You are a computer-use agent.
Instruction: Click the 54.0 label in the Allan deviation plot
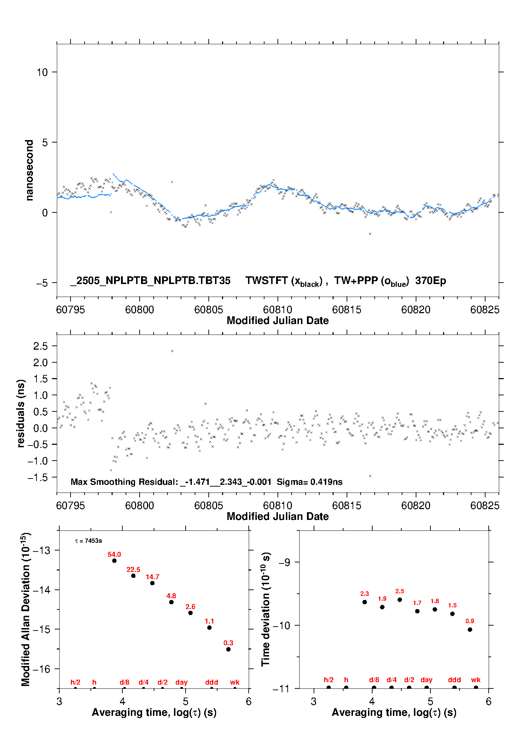[114, 554]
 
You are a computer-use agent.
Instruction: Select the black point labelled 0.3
[228, 649]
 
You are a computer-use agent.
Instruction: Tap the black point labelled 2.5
[400, 600]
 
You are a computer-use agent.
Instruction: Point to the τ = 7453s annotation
[88, 541]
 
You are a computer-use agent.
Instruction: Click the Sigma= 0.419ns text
[309, 482]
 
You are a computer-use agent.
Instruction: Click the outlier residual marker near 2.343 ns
[172, 351]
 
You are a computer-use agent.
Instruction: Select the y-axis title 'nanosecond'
[29, 170]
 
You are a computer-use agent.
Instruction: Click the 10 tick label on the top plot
[42, 72]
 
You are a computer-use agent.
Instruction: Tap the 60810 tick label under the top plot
[277, 310]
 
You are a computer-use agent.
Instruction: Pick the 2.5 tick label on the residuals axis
[40, 346]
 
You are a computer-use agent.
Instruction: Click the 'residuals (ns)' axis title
[21, 414]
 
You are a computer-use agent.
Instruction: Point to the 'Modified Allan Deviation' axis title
[26, 609]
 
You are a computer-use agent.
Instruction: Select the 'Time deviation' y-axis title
[266, 609]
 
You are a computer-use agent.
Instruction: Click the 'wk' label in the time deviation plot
[476, 680]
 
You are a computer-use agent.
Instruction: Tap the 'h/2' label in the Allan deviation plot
[75, 682]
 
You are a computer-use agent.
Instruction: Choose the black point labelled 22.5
[133, 576]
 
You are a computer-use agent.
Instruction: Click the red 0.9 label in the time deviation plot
[470, 621]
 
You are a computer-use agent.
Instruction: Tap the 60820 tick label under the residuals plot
[416, 506]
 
